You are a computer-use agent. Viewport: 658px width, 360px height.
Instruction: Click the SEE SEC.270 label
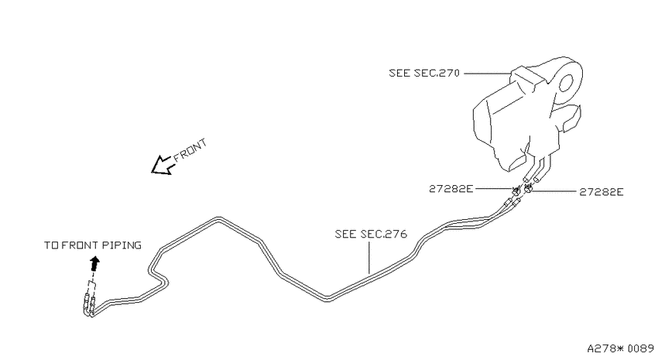click(424, 73)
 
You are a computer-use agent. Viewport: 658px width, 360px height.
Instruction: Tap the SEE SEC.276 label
click(371, 234)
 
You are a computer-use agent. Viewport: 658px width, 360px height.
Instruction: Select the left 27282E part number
click(451, 189)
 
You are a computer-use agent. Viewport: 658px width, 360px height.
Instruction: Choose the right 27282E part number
click(601, 192)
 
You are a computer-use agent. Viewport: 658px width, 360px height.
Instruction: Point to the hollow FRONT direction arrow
click(163, 166)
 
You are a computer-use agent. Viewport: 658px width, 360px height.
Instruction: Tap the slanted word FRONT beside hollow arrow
click(190, 150)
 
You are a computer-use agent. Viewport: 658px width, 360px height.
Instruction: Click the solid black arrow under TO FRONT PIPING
click(95, 264)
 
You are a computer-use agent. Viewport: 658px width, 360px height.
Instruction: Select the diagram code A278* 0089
click(621, 348)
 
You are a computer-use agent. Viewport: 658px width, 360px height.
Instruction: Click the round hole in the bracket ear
click(566, 83)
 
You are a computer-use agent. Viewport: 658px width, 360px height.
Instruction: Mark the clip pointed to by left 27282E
click(516, 191)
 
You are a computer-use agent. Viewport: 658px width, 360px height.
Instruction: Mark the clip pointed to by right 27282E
click(528, 188)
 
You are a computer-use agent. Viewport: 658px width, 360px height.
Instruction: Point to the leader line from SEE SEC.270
click(488, 74)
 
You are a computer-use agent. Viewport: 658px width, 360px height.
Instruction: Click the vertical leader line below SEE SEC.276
click(369, 257)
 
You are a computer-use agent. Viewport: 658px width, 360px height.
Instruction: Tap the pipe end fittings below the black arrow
click(88, 306)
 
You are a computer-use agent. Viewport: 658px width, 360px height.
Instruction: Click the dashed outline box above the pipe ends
click(91, 289)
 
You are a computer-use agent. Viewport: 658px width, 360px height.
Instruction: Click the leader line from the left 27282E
click(494, 189)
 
